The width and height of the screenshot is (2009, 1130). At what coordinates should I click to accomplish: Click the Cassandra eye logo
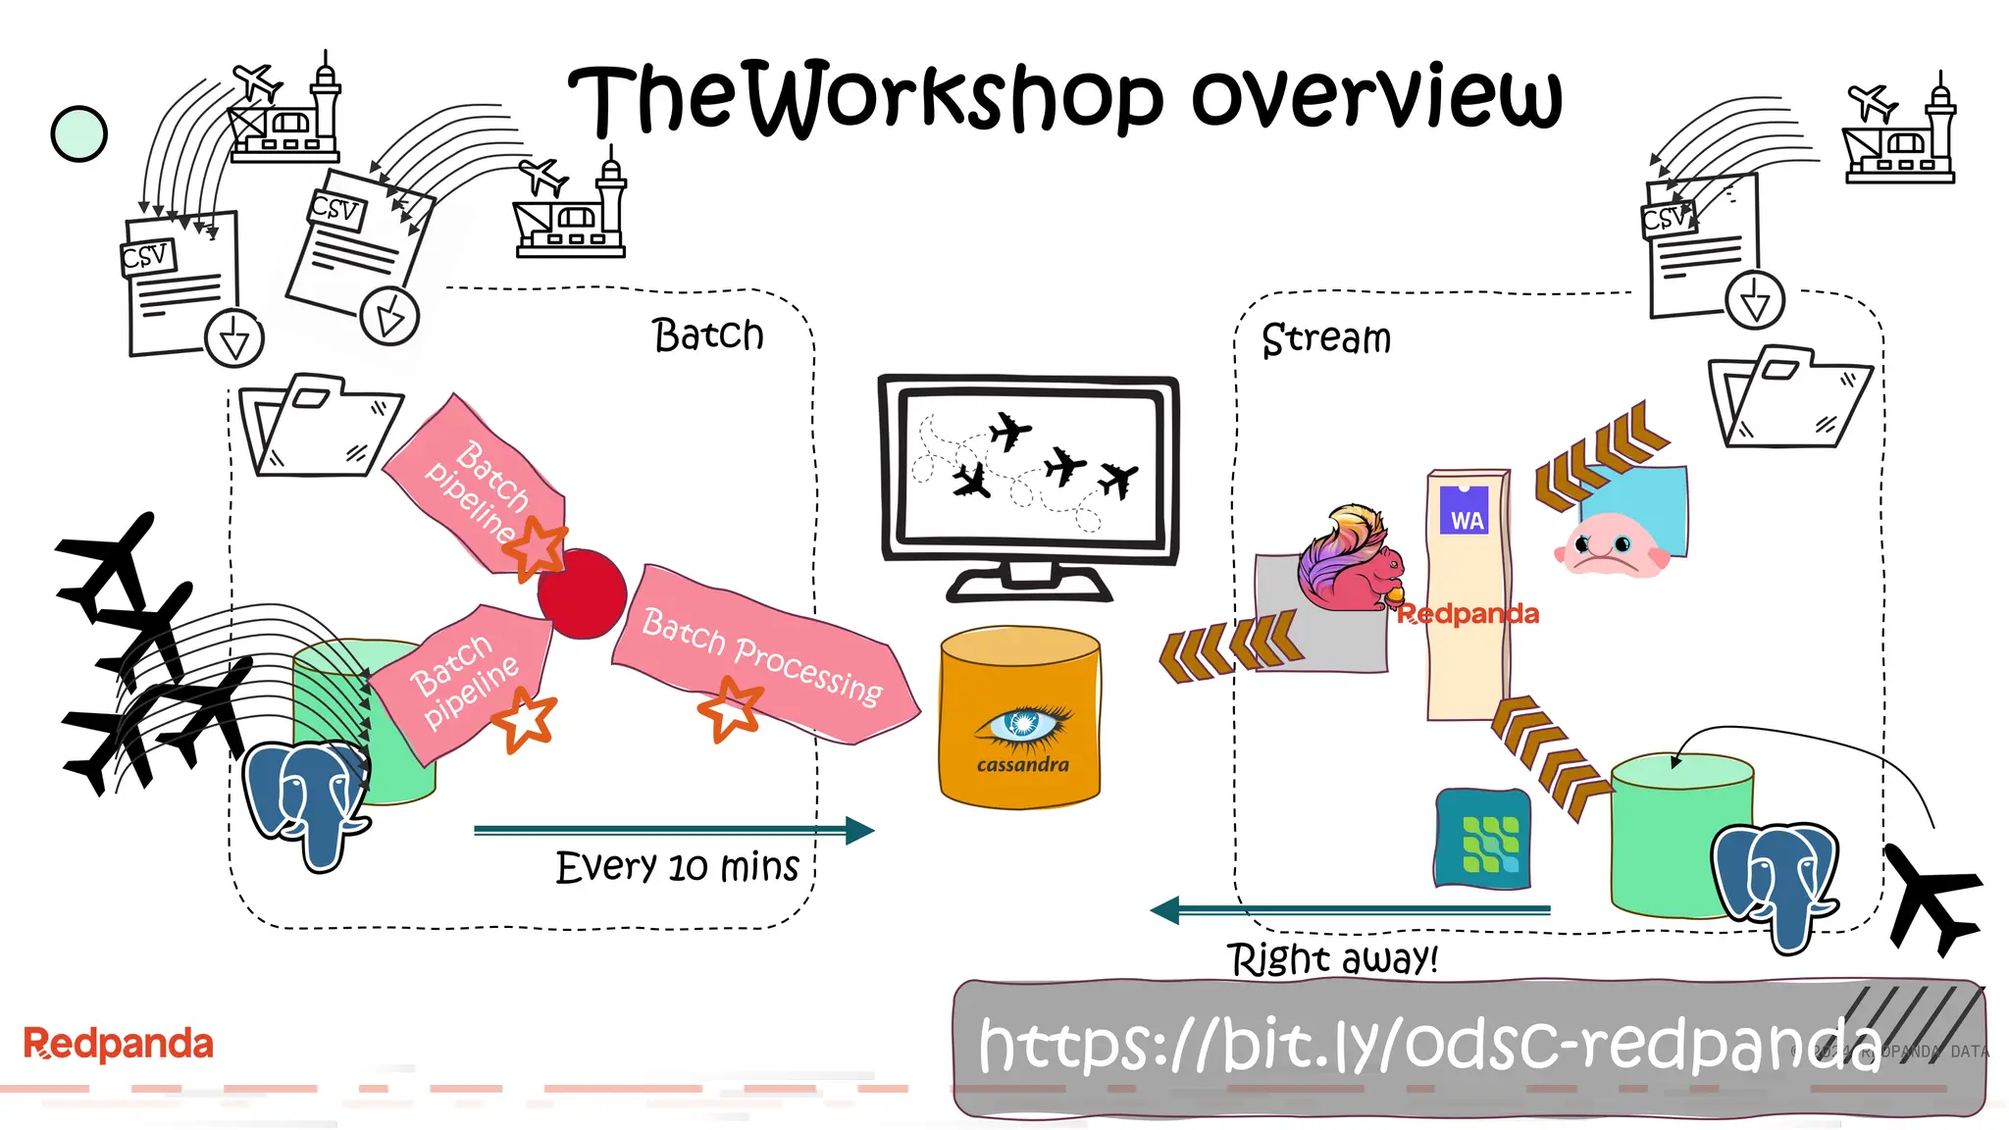(1022, 725)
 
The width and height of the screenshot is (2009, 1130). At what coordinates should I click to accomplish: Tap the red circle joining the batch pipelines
(582, 593)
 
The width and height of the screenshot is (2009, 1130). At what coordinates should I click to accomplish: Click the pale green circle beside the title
(78, 133)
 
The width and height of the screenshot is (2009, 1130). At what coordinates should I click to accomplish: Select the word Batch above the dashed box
(707, 334)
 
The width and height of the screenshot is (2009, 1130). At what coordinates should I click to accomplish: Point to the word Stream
(1325, 339)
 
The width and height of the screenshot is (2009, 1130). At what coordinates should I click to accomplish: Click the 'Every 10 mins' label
(677, 867)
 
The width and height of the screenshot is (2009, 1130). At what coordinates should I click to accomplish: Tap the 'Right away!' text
(1332, 958)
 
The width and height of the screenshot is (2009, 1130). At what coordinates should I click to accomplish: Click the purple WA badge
(1465, 510)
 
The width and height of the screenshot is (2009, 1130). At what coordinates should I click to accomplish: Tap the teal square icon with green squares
(1483, 840)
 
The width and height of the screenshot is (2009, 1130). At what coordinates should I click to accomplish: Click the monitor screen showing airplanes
(1028, 469)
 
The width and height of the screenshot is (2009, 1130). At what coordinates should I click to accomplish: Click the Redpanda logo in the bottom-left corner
(118, 1044)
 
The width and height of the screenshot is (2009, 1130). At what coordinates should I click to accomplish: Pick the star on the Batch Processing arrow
(730, 708)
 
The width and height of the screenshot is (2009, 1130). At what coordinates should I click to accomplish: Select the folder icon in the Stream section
(1788, 396)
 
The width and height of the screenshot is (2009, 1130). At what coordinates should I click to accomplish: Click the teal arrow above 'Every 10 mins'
(673, 831)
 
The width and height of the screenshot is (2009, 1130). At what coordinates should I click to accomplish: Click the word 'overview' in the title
(1375, 98)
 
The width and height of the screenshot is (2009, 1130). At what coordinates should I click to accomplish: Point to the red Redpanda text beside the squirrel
(1468, 614)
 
